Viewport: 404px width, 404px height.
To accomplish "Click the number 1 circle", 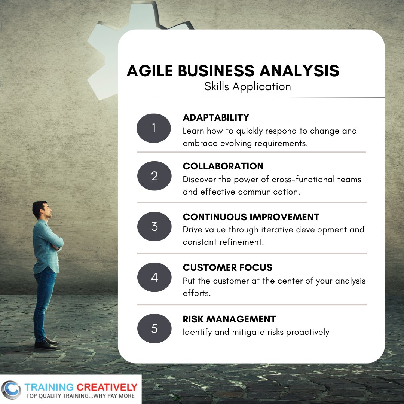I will pos(154,128).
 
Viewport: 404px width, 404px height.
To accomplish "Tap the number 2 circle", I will pos(154,176).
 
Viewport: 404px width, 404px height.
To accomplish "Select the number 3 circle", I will pos(154,226).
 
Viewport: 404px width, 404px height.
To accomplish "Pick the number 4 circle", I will pos(154,278).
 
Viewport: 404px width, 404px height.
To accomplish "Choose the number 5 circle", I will pos(154,328).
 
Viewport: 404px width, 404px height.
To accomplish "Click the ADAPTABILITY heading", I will pos(216,117).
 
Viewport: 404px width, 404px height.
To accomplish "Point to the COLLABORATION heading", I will pos(223,166).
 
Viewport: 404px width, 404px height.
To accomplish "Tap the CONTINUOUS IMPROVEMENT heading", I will pos(251,217).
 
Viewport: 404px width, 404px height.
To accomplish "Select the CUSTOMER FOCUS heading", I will pos(227,267).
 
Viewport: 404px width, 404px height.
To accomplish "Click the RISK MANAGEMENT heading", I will pos(229,319).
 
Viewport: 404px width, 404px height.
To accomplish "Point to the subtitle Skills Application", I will pos(247,86).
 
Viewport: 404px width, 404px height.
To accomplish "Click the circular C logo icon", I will pos(11,390).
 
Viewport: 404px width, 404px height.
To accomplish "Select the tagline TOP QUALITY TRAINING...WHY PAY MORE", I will pos(80,396).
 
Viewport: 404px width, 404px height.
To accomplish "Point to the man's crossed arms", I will pos(56,242).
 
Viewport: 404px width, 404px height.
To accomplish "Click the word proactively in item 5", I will pos(307,332).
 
